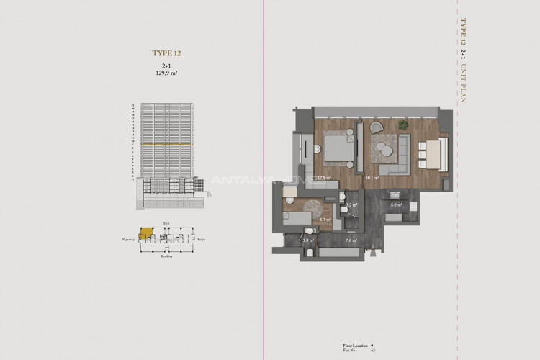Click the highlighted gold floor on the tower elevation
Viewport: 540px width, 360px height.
pyautogui.click(x=167, y=145)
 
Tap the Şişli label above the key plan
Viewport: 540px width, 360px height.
pyautogui.click(x=166, y=224)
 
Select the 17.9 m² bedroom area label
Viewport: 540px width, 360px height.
pyautogui.click(x=324, y=176)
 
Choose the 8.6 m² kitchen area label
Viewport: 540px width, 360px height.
pyautogui.click(x=395, y=204)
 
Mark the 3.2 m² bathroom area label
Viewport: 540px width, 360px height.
pyautogui.click(x=351, y=204)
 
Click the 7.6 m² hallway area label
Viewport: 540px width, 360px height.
pyautogui.click(x=351, y=240)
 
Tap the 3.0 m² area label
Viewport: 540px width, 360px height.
pyautogui.click(x=309, y=240)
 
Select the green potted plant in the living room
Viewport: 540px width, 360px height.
pyautogui.click(x=403, y=125)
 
